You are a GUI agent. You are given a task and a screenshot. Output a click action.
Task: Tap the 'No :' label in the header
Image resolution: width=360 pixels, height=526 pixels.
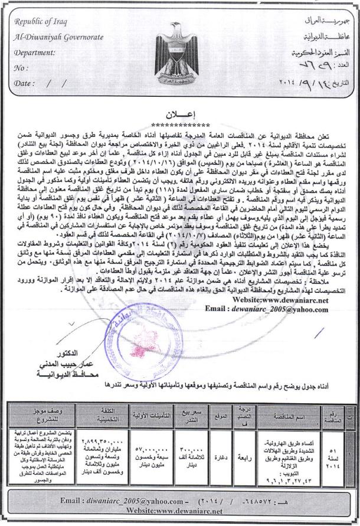(x=21, y=68)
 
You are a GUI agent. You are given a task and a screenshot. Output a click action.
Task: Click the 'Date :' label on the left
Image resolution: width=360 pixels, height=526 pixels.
(x=23, y=83)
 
